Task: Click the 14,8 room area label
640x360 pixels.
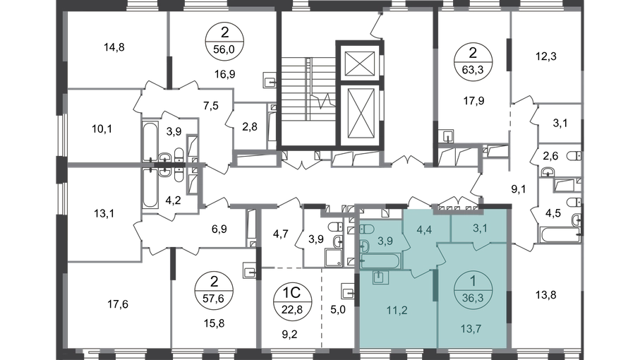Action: [114, 47]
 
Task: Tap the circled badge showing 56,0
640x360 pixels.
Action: [224, 40]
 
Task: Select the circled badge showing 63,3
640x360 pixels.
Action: [473, 61]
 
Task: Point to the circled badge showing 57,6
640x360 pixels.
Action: [214, 289]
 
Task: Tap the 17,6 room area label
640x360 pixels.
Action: [118, 304]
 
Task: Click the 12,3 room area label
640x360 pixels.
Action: [546, 56]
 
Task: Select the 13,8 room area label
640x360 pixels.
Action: [546, 294]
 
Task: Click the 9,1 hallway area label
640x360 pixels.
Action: [519, 189]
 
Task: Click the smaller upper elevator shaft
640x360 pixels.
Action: [360, 64]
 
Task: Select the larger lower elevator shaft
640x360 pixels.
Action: [360, 114]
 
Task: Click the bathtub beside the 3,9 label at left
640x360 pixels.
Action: [150, 141]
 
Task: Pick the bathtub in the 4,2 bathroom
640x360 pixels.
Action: [150, 188]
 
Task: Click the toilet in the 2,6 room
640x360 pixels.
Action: [575, 156]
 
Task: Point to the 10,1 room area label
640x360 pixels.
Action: [102, 129]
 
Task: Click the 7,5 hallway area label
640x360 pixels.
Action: [210, 106]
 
